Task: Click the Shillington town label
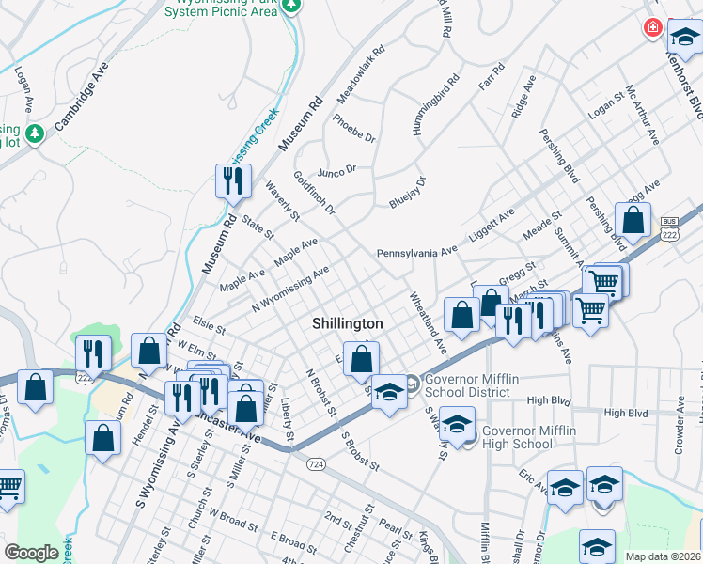348,323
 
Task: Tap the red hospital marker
651,28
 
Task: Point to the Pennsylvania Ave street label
416,253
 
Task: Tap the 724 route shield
316,464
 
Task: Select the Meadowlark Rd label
361,76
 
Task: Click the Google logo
31,552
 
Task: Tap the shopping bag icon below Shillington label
362,358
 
